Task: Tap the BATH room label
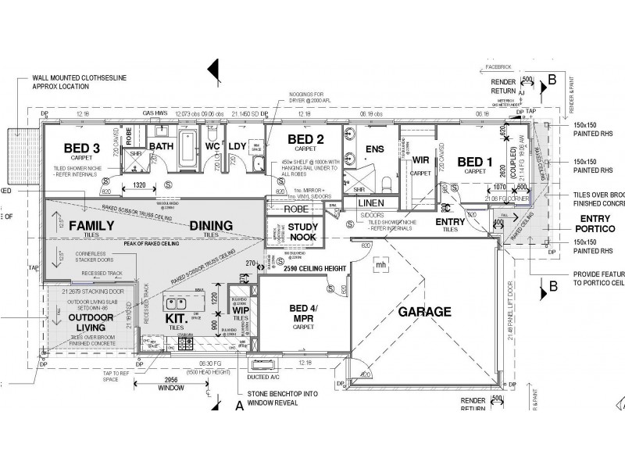pyautogui.click(x=162, y=146)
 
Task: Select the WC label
pyautogui.click(x=210, y=146)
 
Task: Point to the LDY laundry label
pyautogui.click(x=237, y=146)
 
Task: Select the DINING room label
pyautogui.click(x=211, y=226)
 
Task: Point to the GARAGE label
pyautogui.click(x=425, y=312)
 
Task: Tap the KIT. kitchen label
pyautogui.click(x=175, y=319)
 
